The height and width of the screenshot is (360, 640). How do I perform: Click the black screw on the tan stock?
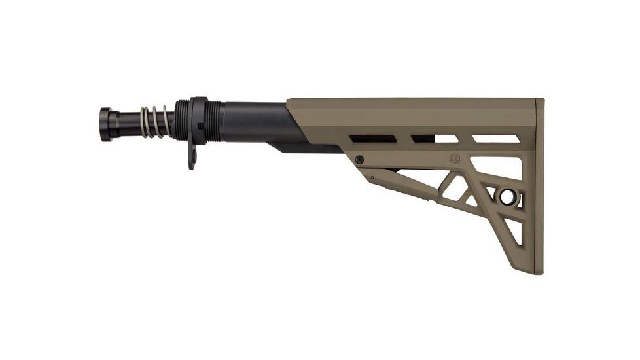[x=359, y=159]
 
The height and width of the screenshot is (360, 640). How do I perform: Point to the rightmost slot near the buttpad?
[x=496, y=139]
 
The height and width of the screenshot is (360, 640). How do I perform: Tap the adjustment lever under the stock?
[x=399, y=184]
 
